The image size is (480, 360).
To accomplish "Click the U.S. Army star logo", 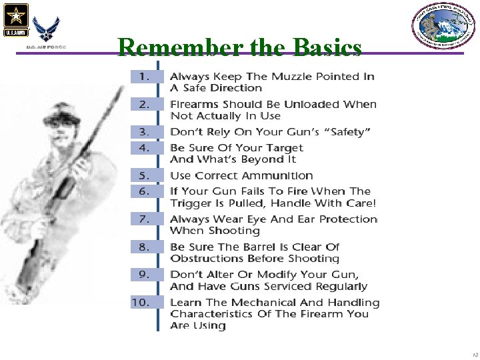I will tap(15, 19).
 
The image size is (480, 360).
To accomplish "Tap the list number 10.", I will tap(141, 302).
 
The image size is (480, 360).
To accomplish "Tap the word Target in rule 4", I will tap(277, 148).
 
